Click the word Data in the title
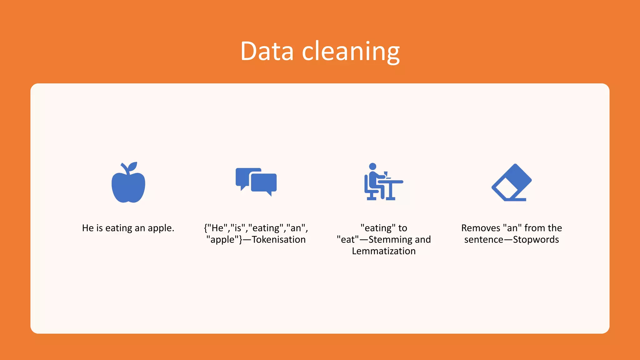click(x=267, y=51)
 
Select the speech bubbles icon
click(x=256, y=182)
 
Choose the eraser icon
click(x=512, y=182)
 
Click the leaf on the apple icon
click(x=132, y=166)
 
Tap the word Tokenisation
click(x=279, y=240)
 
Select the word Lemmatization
click(x=384, y=251)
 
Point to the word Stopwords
click(x=536, y=240)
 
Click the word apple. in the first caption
click(x=161, y=228)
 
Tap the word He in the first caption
click(x=88, y=228)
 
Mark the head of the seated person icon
click(x=372, y=166)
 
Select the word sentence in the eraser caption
click(x=483, y=240)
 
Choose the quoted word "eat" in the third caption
click(x=348, y=240)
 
